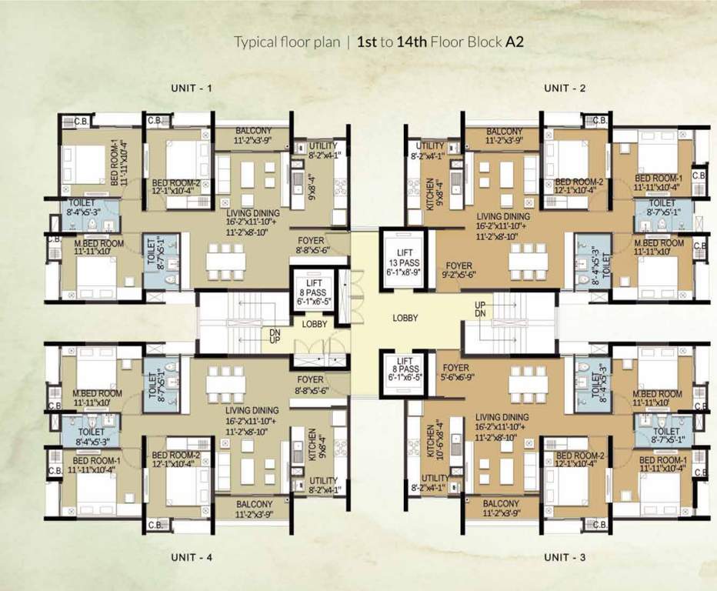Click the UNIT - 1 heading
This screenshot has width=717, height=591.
tap(191, 88)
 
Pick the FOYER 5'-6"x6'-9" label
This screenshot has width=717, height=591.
tap(455, 373)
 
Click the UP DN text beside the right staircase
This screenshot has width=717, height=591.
tap(480, 309)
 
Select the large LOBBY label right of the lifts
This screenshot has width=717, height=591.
tap(405, 317)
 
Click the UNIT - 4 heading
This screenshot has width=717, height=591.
tap(191, 556)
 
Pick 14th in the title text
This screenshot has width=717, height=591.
tap(412, 42)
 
